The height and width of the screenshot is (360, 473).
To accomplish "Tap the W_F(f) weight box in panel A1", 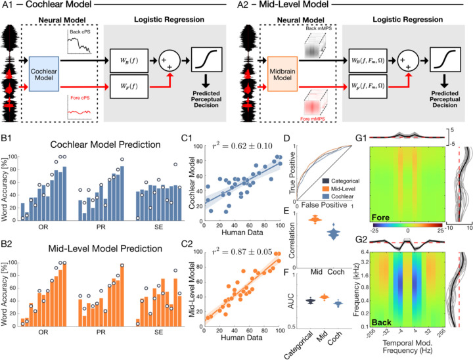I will click(128, 85).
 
